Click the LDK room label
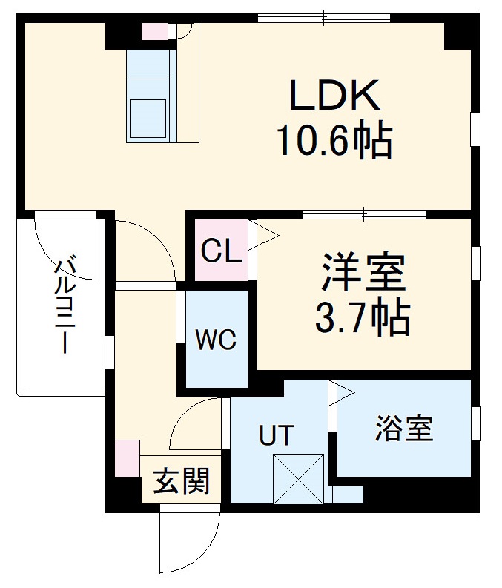click(x=334, y=96)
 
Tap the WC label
click(x=216, y=340)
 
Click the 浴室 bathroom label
click(x=403, y=429)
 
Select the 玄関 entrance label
click(x=181, y=483)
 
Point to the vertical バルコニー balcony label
click(x=66, y=304)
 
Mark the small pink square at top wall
click(x=154, y=31)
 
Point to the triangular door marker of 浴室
click(x=343, y=393)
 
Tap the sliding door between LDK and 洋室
click(x=364, y=215)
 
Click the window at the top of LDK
click(x=324, y=18)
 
